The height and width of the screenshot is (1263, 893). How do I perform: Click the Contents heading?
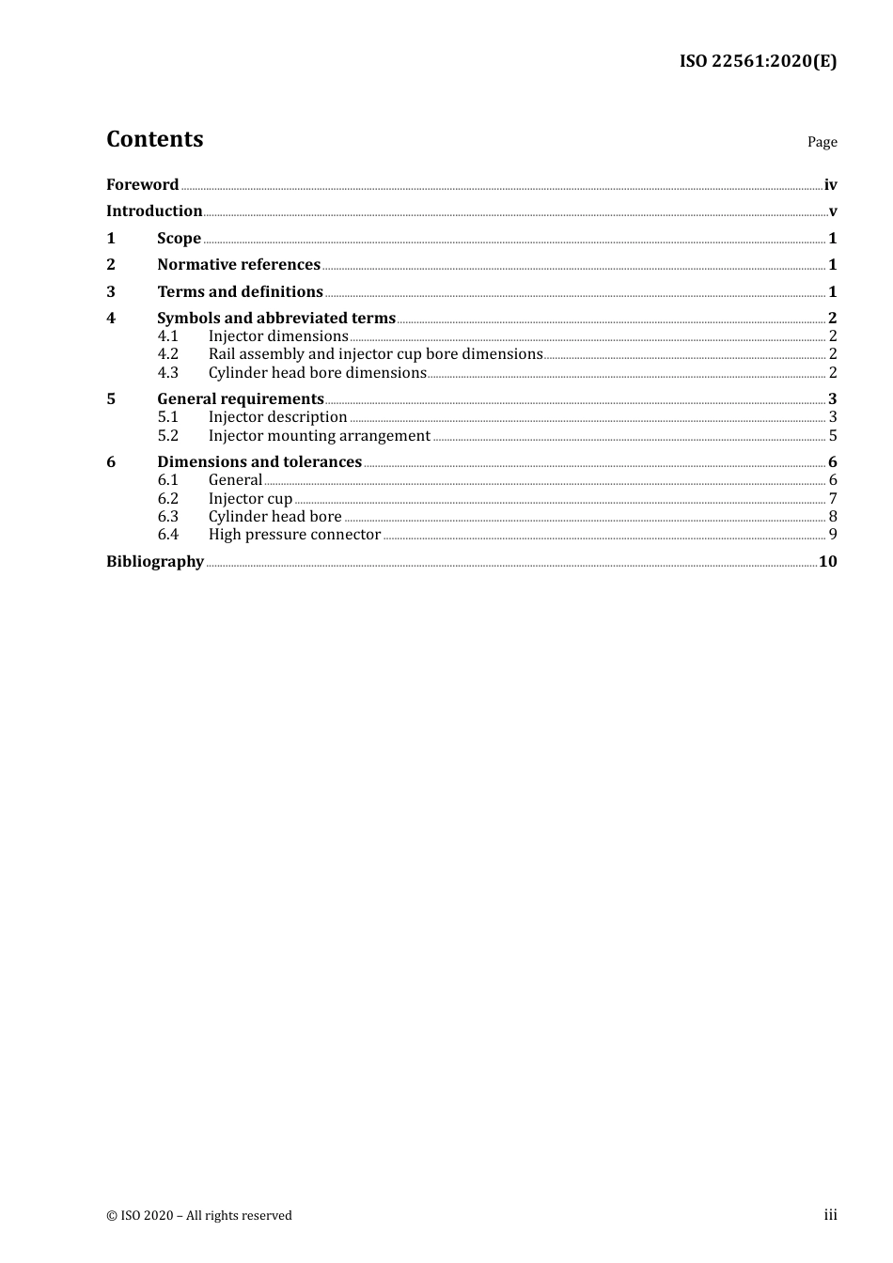[154, 139]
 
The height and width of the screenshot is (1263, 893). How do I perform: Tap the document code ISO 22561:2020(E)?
[758, 62]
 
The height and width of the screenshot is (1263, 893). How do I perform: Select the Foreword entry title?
[142, 185]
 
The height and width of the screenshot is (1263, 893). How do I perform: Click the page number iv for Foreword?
[830, 185]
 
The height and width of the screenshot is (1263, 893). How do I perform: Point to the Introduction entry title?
[154, 211]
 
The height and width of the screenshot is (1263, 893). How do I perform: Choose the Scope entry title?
[179, 239]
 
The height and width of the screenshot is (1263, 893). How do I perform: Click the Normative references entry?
[239, 265]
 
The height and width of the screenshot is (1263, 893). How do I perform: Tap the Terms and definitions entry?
[240, 292]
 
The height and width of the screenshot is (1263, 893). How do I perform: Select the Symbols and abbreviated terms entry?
[276, 319]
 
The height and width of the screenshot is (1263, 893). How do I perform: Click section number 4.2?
[167, 354]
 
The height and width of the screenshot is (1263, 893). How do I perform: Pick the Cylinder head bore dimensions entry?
[318, 373]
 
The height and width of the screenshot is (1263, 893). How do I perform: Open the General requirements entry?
[241, 399]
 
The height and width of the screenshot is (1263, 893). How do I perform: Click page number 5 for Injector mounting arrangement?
[833, 436]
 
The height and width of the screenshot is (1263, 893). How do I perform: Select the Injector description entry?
[277, 417]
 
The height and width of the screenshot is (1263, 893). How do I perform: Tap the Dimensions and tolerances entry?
[259, 462]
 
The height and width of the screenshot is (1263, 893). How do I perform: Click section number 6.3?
[167, 517]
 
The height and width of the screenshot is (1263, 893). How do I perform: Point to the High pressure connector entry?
[294, 535]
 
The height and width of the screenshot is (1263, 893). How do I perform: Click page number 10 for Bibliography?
[827, 562]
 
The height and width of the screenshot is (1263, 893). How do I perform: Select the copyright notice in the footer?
[199, 1216]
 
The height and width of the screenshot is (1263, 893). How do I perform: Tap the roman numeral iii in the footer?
[830, 1215]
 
